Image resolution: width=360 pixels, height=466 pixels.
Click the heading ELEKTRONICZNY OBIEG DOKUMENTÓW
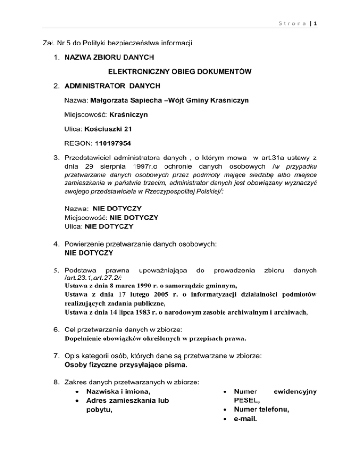180,72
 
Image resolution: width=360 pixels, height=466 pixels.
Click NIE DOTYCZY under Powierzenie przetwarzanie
89,253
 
